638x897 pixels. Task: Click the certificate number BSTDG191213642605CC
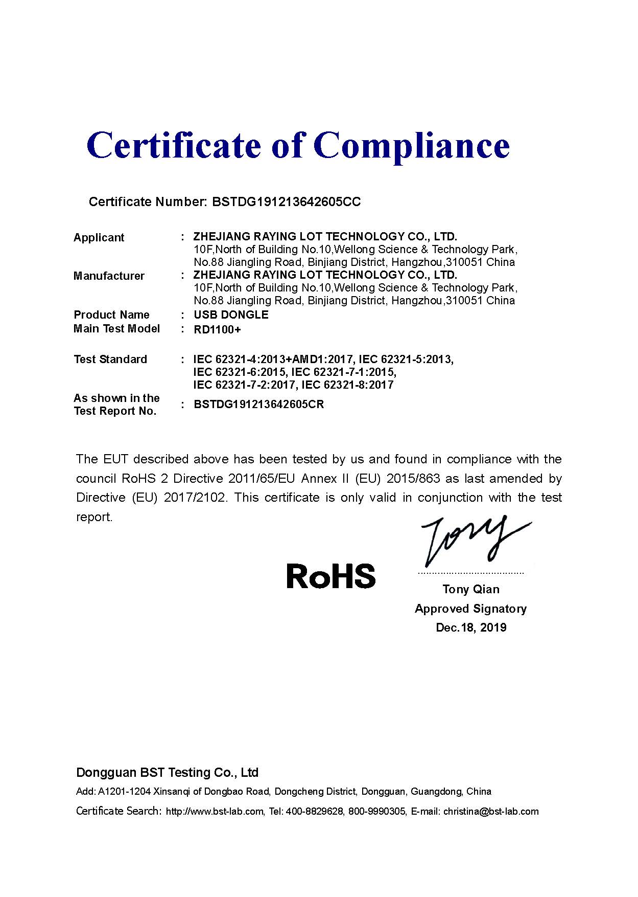pyautogui.click(x=286, y=202)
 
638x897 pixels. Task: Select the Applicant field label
pyautogui.click(x=99, y=238)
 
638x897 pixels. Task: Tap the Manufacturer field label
pyautogui.click(x=109, y=276)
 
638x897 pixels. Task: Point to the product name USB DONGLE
pyautogui.click(x=231, y=315)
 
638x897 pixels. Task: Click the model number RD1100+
pyautogui.click(x=217, y=330)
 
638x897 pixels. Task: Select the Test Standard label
pyautogui.click(x=110, y=360)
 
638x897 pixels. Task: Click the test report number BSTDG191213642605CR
pyautogui.click(x=259, y=405)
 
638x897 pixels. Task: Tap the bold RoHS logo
pyautogui.click(x=330, y=576)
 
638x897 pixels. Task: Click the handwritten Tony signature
pyautogui.click(x=470, y=540)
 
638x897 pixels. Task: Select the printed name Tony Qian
pyautogui.click(x=471, y=590)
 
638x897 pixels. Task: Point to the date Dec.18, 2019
pyautogui.click(x=471, y=627)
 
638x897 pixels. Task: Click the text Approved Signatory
pyautogui.click(x=470, y=609)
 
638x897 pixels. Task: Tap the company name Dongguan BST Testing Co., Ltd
pyautogui.click(x=167, y=772)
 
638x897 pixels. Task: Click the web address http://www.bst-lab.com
pyautogui.click(x=215, y=812)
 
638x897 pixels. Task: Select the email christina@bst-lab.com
pyautogui.click(x=491, y=812)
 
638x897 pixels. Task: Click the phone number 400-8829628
pyautogui.click(x=314, y=812)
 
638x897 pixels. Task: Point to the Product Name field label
pyautogui.click(x=111, y=315)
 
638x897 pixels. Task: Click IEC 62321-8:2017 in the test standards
pyautogui.click(x=348, y=385)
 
